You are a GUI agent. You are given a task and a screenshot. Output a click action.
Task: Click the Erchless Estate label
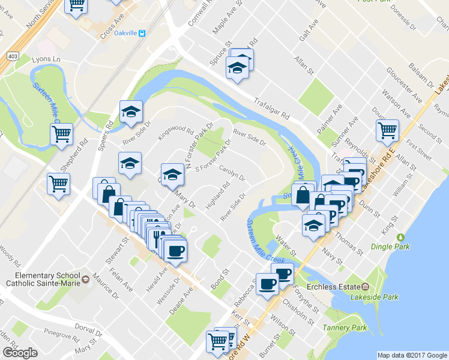pyautogui.click(x=333, y=286)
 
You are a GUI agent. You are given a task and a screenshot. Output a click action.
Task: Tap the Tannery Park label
pyautogui.click(x=344, y=328)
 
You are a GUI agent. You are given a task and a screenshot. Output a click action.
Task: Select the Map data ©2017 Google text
pyautogui.click(x=412, y=355)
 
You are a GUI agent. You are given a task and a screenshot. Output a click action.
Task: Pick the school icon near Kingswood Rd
pyautogui.click(x=131, y=112)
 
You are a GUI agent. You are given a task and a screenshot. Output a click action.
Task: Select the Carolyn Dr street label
pyautogui.click(x=232, y=173)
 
